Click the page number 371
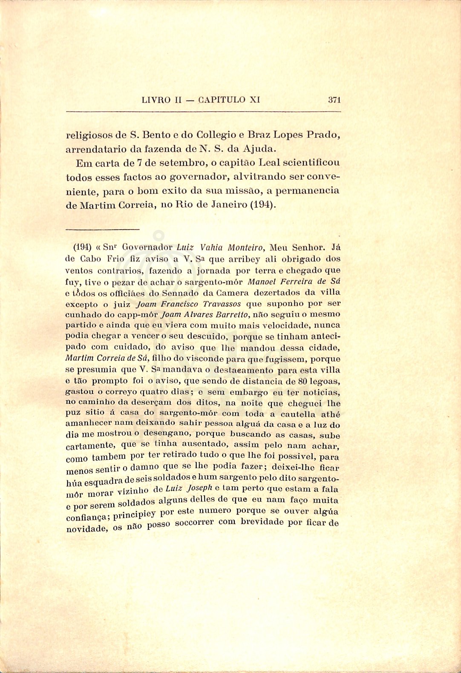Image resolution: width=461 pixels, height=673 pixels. click(334, 100)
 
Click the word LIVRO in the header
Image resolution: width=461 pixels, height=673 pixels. click(156, 100)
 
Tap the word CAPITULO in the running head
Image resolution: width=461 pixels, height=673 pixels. click(222, 100)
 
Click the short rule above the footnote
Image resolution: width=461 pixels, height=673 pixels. click(103, 230)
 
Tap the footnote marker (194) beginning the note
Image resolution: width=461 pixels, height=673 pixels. click(83, 247)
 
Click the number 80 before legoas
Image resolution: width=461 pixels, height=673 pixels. click(303, 381)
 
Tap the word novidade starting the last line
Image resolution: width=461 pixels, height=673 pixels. click(87, 529)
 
